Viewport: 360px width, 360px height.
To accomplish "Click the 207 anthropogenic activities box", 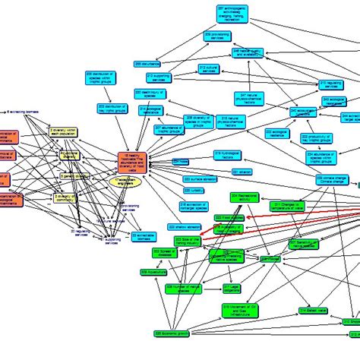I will [x=238, y=14].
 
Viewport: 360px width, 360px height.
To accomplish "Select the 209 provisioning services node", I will [x=217, y=36].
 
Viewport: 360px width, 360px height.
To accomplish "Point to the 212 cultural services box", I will [x=209, y=69].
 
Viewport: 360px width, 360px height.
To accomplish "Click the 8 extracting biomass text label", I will [x=23, y=112].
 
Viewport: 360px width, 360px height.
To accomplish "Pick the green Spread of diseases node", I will [x=166, y=254].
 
